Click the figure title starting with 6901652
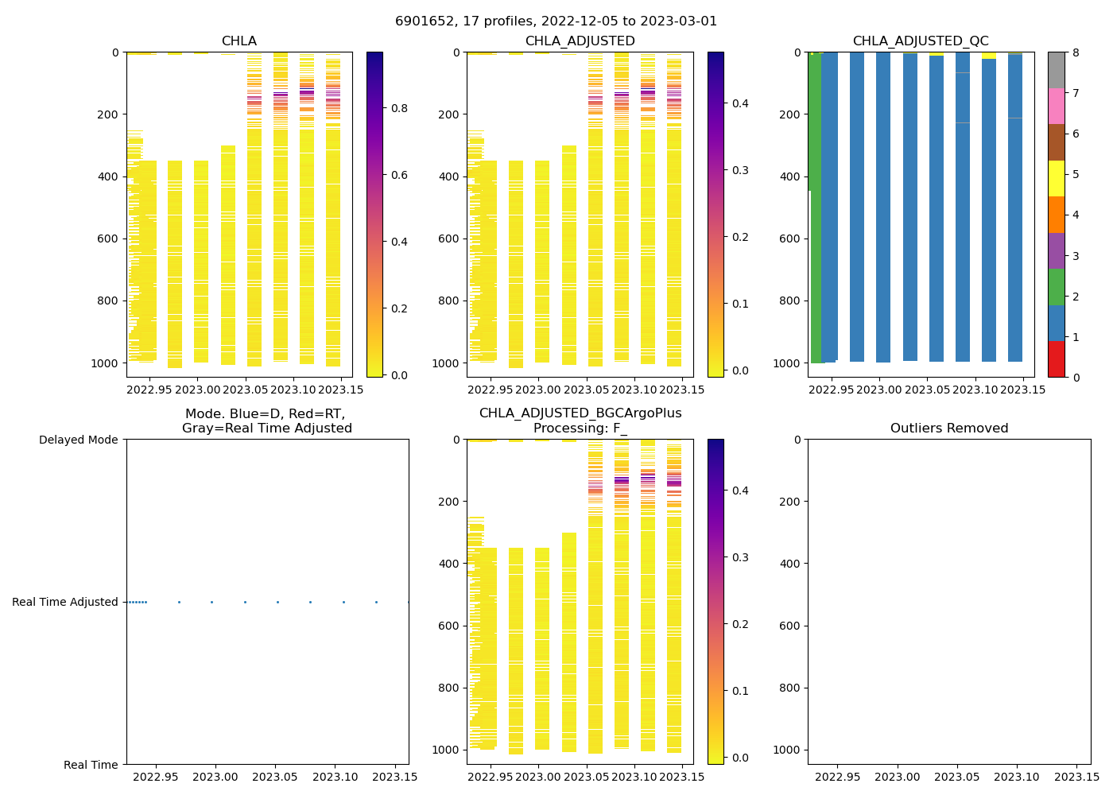(x=556, y=21)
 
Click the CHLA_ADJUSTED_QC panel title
(x=921, y=41)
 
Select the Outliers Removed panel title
(x=949, y=429)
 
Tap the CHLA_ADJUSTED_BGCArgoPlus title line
(x=580, y=413)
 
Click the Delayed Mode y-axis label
(x=78, y=440)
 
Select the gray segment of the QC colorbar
(x=1057, y=70)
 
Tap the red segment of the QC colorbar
(x=1057, y=359)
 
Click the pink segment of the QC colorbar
(x=1057, y=107)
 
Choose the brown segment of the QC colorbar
(x=1057, y=142)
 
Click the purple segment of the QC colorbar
(x=1057, y=250)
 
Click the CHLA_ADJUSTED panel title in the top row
(x=580, y=41)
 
